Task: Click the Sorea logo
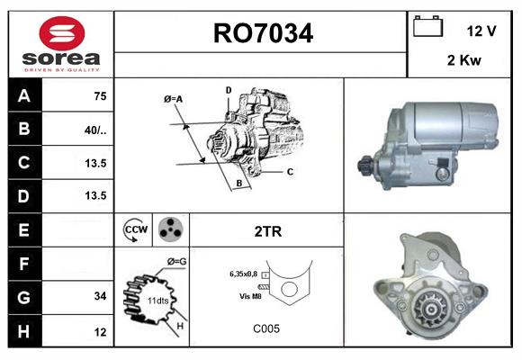pyautogui.click(x=61, y=45)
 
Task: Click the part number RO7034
pyautogui.click(x=262, y=34)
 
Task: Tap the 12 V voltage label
pyautogui.click(x=482, y=31)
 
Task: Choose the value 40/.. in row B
pyautogui.click(x=94, y=130)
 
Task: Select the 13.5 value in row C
pyautogui.click(x=94, y=163)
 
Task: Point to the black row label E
pyautogui.click(x=23, y=229)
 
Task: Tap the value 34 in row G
pyautogui.click(x=99, y=296)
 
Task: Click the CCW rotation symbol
pyautogui.click(x=135, y=230)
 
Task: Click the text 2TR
pyautogui.click(x=268, y=231)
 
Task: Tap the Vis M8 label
pyautogui.click(x=251, y=296)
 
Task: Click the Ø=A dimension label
pyautogui.click(x=174, y=99)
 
